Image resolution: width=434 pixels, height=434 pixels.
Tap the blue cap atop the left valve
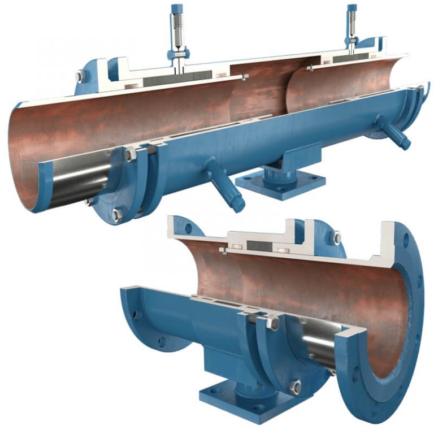[x=177, y=8]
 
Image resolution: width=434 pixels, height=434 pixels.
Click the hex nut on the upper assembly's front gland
[x=131, y=154]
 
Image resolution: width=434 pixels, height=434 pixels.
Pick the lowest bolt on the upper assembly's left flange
[x=117, y=214]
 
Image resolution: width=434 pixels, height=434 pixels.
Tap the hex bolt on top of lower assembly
[x=336, y=238]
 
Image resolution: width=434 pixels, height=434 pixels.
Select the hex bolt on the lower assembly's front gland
[x=272, y=323]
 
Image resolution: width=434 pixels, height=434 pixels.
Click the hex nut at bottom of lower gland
[x=294, y=387]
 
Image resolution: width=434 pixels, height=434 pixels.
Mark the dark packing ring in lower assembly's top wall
[x=257, y=247]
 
